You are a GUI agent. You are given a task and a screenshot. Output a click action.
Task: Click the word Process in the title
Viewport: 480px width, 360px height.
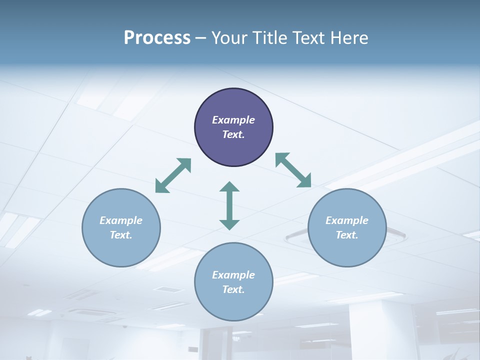coord(157,38)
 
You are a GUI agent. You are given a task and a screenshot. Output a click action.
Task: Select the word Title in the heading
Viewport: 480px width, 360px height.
coord(269,38)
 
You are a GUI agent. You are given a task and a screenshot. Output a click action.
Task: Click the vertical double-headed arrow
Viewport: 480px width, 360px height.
coord(229,205)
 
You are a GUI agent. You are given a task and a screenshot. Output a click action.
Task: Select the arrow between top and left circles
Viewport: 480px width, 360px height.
coord(173,175)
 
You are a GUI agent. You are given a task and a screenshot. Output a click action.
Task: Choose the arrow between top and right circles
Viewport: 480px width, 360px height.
coord(293,170)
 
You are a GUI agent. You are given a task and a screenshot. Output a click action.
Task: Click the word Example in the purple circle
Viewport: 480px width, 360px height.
coord(233,120)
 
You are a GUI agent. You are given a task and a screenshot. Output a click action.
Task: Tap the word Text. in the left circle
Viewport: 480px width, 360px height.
coord(121,235)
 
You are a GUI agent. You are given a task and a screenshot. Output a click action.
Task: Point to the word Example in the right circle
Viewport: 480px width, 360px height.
coord(347,220)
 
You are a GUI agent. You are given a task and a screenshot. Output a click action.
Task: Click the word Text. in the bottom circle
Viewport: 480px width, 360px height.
coord(233,289)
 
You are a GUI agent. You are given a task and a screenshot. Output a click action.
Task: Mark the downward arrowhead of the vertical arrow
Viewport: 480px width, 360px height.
coord(229,224)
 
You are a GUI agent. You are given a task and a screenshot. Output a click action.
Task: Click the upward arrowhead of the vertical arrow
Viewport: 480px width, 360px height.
coord(229,187)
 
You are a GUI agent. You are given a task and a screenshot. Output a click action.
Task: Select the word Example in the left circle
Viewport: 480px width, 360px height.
coord(121,220)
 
